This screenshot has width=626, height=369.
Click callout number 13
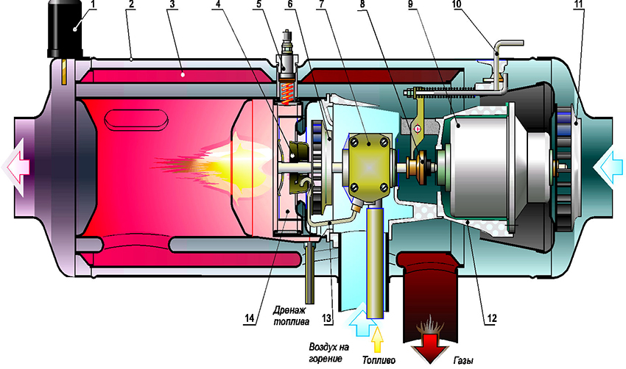click(x=326, y=318)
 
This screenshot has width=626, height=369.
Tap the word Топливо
click(x=379, y=360)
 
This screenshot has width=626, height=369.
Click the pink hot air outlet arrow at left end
click(x=17, y=166)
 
